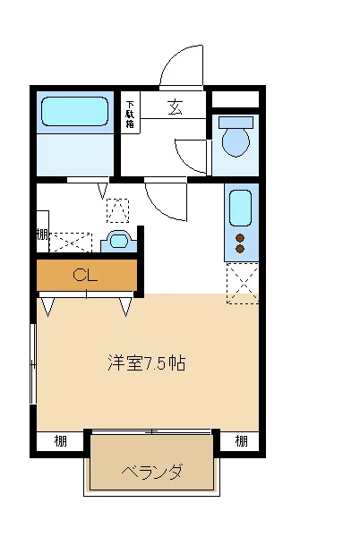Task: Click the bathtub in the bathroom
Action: pos(75,111)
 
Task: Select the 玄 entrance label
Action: pos(175,107)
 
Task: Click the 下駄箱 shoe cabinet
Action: pos(131,113)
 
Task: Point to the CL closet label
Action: pos(85,275)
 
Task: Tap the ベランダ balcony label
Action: pos(152,471)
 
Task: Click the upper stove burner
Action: pos(239,237)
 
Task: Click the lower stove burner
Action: pos(239,248)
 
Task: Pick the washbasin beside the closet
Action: pos(118,239)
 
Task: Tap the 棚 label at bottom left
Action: pos(59,440)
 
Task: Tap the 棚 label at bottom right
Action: pos(241,440)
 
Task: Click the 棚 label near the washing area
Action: pos(42,235)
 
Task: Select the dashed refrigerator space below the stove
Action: pos(242,284)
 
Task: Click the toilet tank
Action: pos(236,123)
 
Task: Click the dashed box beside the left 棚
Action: pos(71,242)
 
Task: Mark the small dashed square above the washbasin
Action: pos(117,210)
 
